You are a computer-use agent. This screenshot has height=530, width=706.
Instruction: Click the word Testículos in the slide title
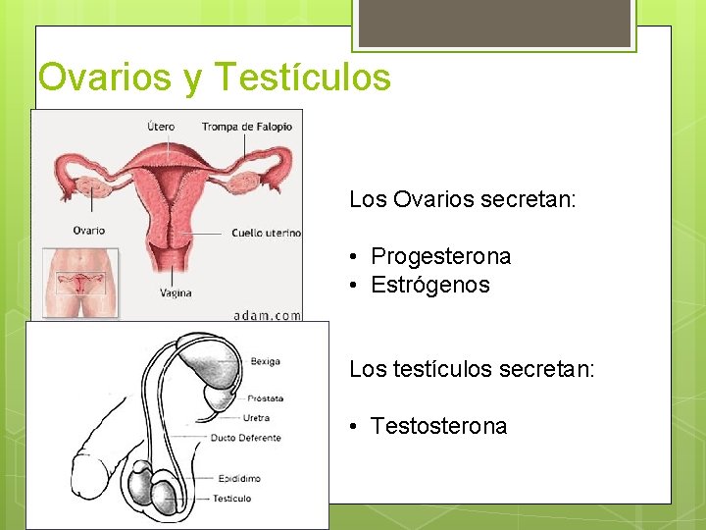(x=301, y=77)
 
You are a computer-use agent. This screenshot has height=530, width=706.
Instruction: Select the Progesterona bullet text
(x=440, y=257)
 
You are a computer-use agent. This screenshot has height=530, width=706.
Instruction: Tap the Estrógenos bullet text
(x=429, y=286)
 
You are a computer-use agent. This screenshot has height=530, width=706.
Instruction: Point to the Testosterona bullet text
(x=438, y=426)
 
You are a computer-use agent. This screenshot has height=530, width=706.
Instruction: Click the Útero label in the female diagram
(x=161, y=126)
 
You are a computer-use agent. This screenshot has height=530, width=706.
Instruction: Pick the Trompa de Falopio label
(x=247, y=126)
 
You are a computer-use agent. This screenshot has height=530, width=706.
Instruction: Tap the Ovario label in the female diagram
(x=88, y=231)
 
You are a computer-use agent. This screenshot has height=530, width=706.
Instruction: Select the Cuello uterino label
(x=266, y=234)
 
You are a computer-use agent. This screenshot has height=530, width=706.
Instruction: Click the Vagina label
(x=176, y=292)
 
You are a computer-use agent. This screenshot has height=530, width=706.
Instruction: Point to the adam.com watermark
(x=267, y=315)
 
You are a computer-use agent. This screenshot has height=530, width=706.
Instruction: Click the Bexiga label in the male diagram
(x=265, y=362)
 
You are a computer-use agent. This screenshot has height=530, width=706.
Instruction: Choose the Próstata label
(x=265, y=398)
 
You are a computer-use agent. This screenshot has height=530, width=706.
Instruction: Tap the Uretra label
(x=255, y=418)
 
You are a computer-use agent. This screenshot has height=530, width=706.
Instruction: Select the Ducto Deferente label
(x=246, y=438)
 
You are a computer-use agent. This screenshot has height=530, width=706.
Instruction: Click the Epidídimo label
(x=240, y=478)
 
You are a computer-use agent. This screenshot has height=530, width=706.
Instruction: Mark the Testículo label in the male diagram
(x=231, y=499)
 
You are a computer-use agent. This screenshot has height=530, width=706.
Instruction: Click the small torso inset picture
(x=79, y=284)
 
